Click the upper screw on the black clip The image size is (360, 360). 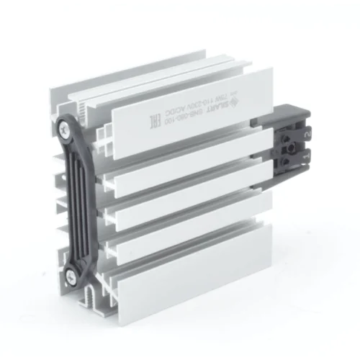69,130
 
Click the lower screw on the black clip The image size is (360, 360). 73,273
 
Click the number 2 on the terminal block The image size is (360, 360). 307,134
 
